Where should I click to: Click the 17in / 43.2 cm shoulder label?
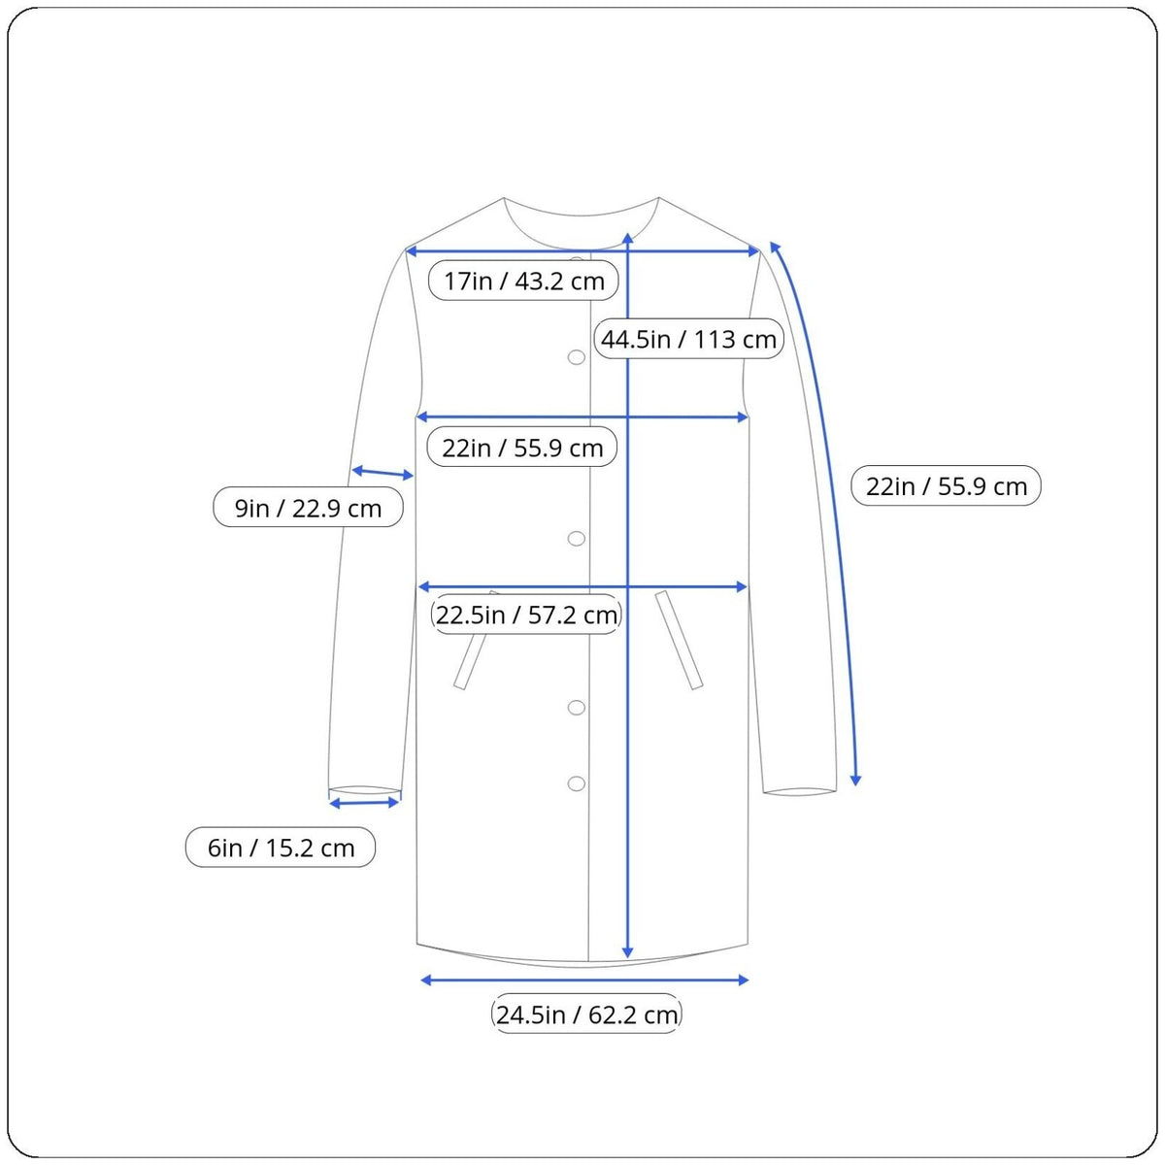tap(523, 281)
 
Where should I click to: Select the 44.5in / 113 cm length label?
tap(688, 339)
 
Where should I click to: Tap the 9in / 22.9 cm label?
tap(308, 507)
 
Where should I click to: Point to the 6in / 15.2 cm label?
tap(281, 847)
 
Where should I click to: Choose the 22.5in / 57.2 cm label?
tap(526, 615)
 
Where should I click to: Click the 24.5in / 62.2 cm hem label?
tap(586, 1014)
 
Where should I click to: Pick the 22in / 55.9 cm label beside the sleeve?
tap(947, 485)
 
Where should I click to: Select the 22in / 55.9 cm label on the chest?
tap(522, 448)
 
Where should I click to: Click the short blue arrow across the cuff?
tap(364, 803)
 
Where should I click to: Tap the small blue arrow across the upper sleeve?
tap(383, 472)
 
